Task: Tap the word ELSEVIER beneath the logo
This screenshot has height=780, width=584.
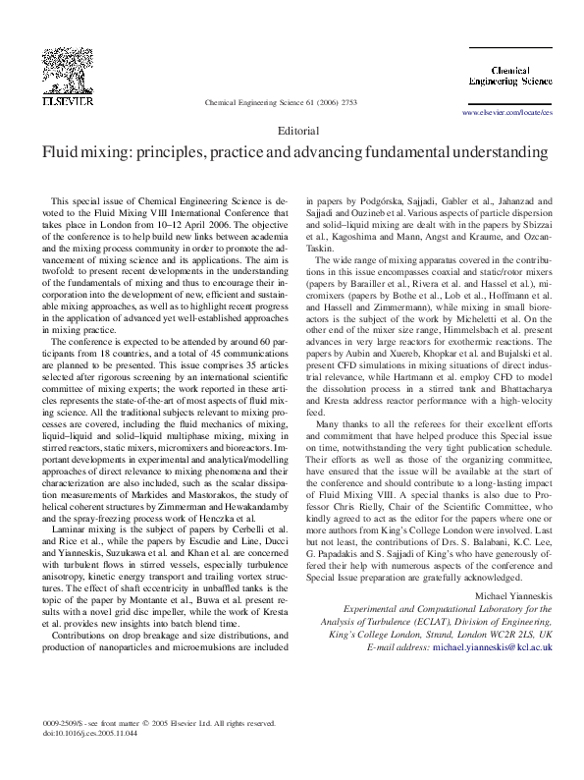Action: click(x=66, y=100)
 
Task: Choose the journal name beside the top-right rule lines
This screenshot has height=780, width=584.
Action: click(x=509, y=76)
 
